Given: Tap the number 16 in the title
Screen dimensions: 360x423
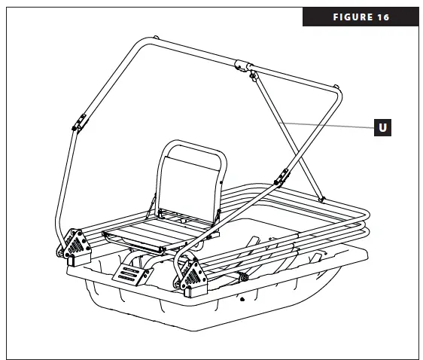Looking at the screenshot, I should tap(383, 17).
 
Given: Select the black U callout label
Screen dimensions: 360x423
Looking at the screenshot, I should tap(382, 127).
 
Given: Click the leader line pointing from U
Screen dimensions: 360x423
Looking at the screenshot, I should tap(324, 124).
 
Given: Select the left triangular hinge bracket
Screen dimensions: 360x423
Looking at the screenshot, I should tap(76, 245).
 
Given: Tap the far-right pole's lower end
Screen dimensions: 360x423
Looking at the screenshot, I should tap(322, 198).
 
